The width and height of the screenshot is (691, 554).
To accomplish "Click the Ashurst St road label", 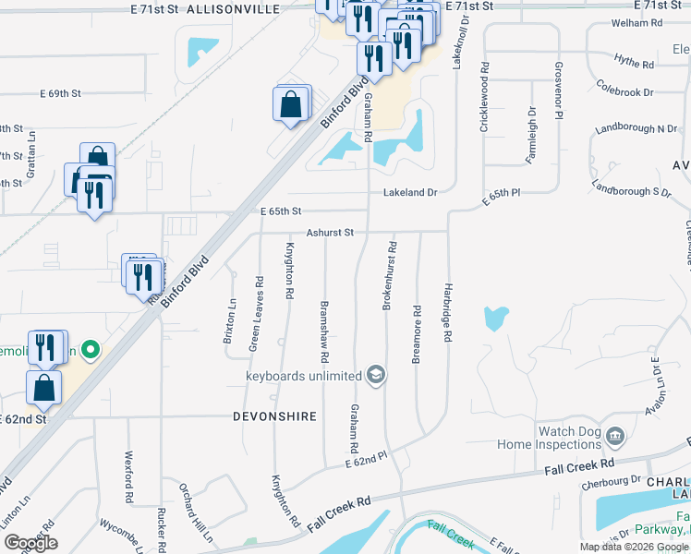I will tap(331, 233).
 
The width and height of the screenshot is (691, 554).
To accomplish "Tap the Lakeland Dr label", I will tap(410, 193).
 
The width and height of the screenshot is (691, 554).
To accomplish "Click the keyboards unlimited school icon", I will tap(375, 375).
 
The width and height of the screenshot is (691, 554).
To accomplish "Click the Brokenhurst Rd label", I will tap(392, 275).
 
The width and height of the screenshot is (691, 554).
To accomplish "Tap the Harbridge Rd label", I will tap(447, 314).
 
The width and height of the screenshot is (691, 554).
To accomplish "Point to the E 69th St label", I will tap(61, 94).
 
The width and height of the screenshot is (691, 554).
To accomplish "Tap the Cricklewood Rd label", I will tap(483, 98).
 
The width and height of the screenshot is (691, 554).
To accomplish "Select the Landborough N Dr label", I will tap(636, 127).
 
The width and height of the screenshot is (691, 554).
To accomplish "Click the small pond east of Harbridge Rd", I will tap(495, 319).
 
